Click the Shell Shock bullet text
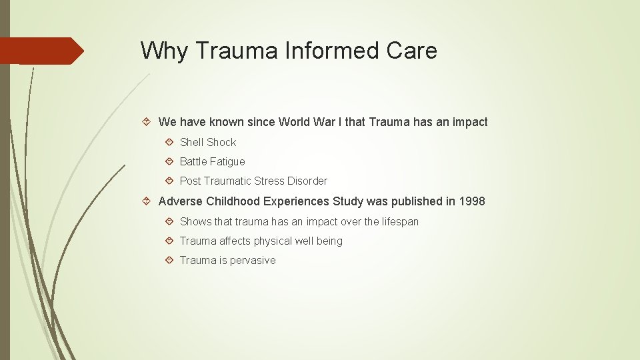tap(208, 142)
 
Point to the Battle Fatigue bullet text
tap(212, 161)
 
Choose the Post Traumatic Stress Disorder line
tap(253, 181)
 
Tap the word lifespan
tap(400, 221)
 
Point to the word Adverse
tap(181, 201)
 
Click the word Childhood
tap(233, 201)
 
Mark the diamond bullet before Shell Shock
tap(169, 142)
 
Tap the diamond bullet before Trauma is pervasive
tap(169, 260)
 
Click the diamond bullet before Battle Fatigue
tap(169, 161)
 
